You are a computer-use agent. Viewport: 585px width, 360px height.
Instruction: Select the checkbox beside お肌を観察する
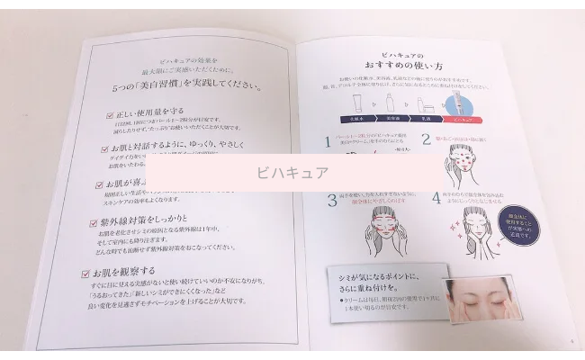88,269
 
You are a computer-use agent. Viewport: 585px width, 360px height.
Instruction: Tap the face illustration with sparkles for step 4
486,229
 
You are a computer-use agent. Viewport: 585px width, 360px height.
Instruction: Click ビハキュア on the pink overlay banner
292,172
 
